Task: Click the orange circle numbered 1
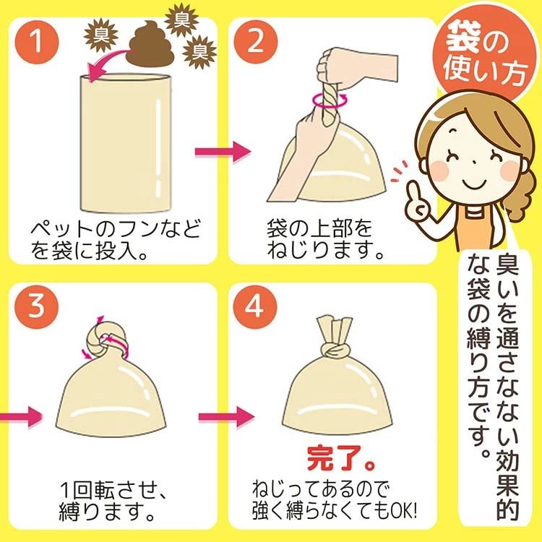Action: point(37,42)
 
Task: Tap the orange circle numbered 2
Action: point(255,42)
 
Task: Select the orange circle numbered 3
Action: point(37,306)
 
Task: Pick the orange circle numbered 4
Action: point(255,306)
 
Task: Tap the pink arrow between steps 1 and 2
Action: point(223,152)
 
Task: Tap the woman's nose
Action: point(474,161)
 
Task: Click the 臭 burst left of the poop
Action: point(101,35)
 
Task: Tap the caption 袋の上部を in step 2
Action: point(319,229)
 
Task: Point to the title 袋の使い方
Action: point(486,53)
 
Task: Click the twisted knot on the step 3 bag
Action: point(107,341)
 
